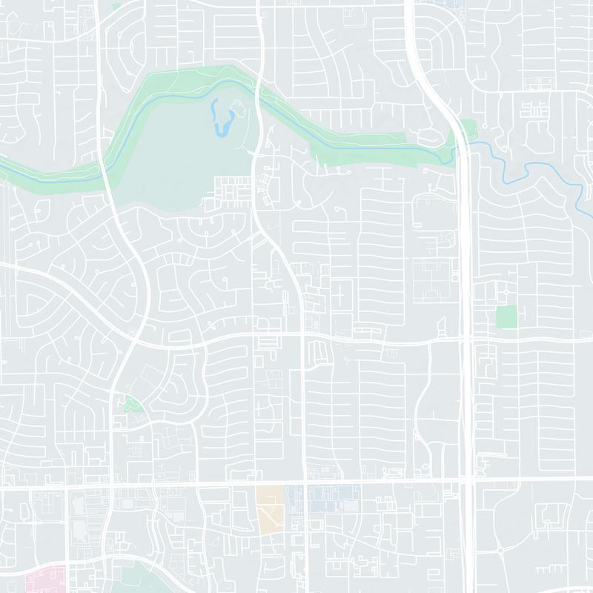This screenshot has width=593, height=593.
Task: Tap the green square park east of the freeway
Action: [506, 317]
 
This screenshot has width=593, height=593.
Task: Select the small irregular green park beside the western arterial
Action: [133, 405]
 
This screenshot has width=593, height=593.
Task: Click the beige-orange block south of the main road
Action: [270, 508]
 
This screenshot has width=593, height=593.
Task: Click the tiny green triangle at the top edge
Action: [116, 4]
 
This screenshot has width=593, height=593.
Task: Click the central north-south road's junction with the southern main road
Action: [302, 486]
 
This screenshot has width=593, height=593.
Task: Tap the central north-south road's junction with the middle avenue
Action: [301, 337]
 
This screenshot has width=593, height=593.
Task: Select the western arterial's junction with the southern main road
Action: [110, 488]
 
